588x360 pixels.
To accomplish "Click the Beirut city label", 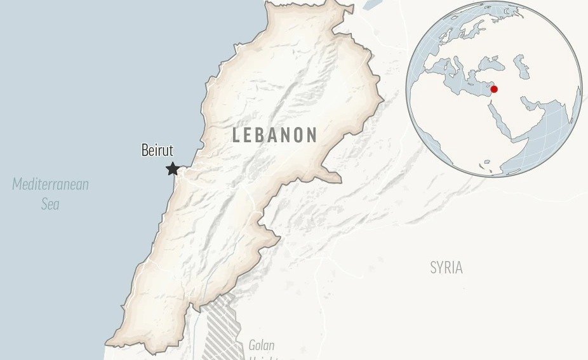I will coord(157,151).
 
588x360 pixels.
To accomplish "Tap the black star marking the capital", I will coord(172,169).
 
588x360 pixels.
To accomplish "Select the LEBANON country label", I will coord(274,135).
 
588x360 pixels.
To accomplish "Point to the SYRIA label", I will coord(446,268).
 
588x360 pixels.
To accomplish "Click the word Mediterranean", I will coord(51,185).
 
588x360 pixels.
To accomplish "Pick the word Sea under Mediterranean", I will coord(50,204).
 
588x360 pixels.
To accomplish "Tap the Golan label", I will coord(261,345).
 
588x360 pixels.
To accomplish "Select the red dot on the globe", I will coord(494,89).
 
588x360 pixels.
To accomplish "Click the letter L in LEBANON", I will coord(237,135).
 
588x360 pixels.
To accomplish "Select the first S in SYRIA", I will coord(434,268).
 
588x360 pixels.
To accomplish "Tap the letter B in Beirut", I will coord(144,151).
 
